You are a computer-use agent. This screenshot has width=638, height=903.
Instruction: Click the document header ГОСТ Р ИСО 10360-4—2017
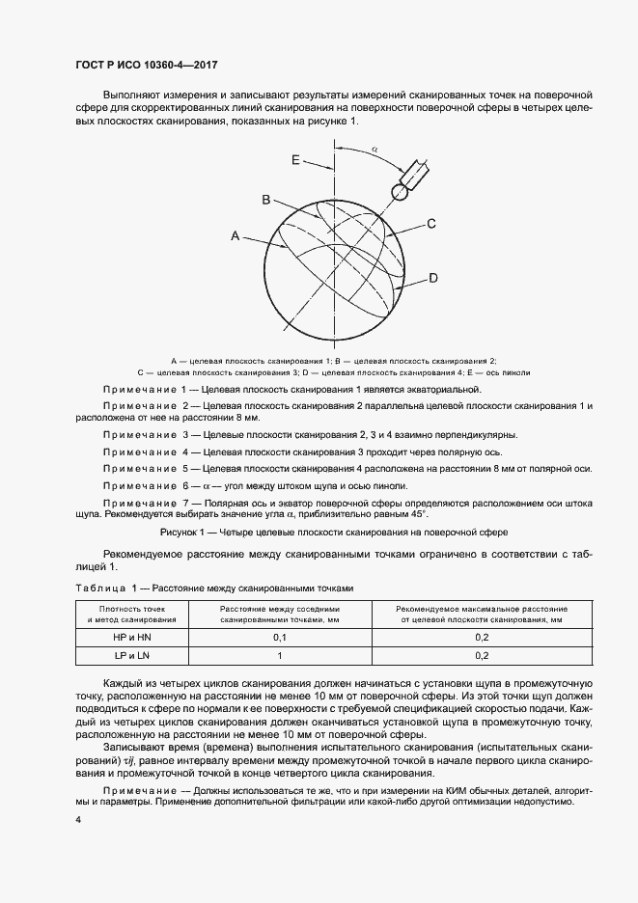pos(146,66)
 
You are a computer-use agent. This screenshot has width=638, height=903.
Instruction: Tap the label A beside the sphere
pos(235,235)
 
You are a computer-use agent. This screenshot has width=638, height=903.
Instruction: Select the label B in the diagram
pos(264,199)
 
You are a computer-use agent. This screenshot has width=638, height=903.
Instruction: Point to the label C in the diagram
pos(431,224)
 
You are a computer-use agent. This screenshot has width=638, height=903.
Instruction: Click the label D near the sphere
pos(433,278)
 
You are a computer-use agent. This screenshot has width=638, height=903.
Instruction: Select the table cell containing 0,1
pos(280,638)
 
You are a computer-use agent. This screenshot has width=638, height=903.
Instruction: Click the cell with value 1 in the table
pos(280,656)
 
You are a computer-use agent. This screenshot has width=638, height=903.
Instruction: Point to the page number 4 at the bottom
pos(78,819)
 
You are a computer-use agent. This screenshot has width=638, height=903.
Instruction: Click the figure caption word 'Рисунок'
pos(180,532)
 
